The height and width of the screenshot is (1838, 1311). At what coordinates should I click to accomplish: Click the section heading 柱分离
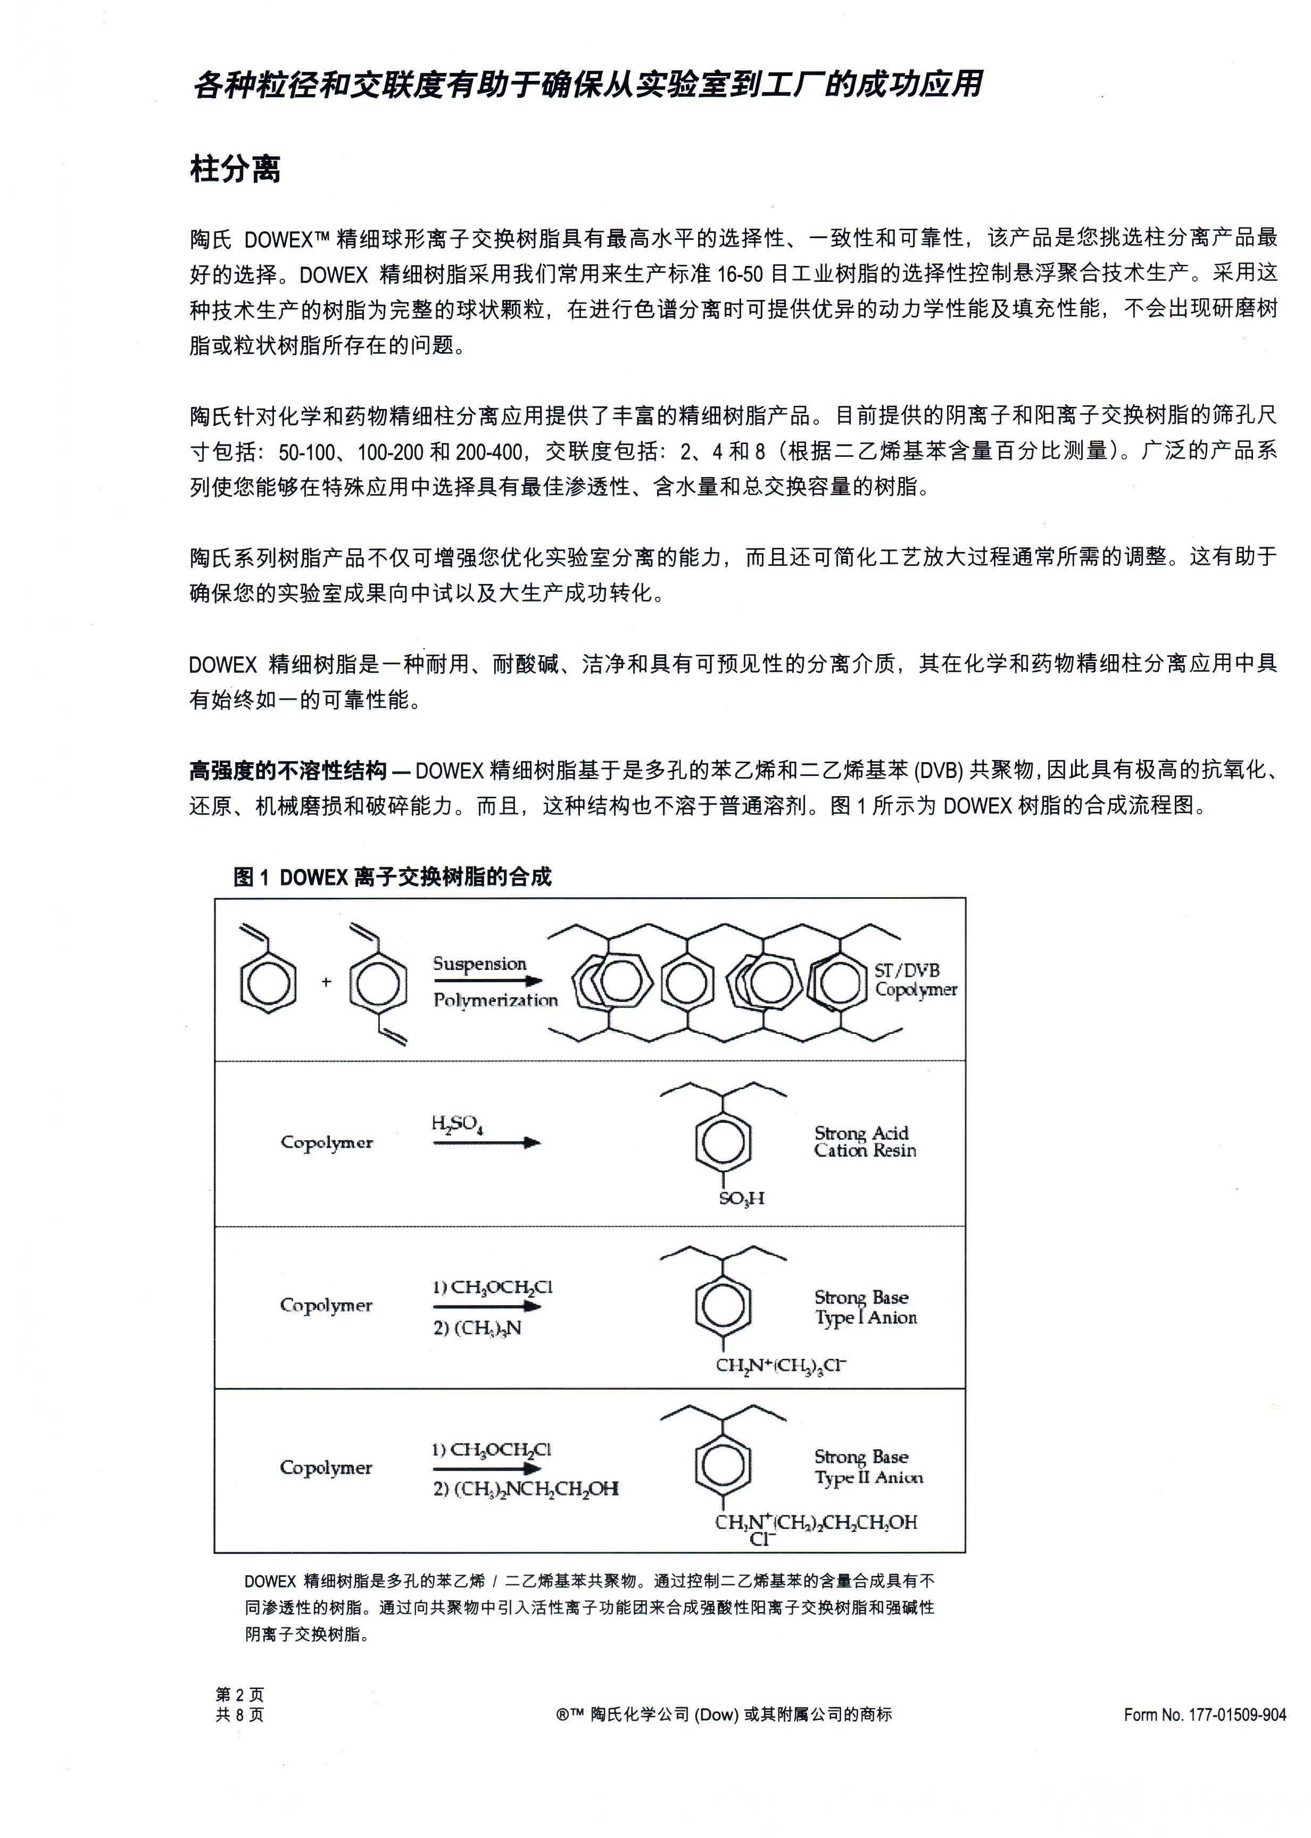pyautogui.click(x=235, y=170)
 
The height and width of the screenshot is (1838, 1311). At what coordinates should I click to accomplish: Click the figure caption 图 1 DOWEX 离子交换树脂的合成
pyautogui.click(x=392, y=877)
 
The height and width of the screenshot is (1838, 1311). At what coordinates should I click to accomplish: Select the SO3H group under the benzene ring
pyautogui.click(x=741, y=1198)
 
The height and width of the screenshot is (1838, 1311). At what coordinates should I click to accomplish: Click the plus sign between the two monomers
pyautogui.click(x=326, y=982)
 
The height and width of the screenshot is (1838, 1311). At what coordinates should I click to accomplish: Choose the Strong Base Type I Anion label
pyautogui.click(x=865, y=1307)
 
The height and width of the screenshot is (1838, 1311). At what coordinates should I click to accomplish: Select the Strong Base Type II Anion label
pyautogui.click(x=868, y=1467)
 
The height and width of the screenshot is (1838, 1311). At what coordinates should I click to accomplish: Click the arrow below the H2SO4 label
pyautogui.click(x=486, y=1142)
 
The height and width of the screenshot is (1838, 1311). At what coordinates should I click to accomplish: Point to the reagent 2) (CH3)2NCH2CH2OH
pyautogui.click(x=526, y=1489)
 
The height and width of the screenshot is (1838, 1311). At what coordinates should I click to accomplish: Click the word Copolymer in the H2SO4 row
pyautogui.click(x=326, y=1142)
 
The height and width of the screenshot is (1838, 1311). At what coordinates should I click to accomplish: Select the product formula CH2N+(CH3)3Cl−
pyautogui.click(x=780, y=1365)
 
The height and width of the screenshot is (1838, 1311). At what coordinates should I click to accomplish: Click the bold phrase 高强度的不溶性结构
pyautogui.click(x=288, y=771)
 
